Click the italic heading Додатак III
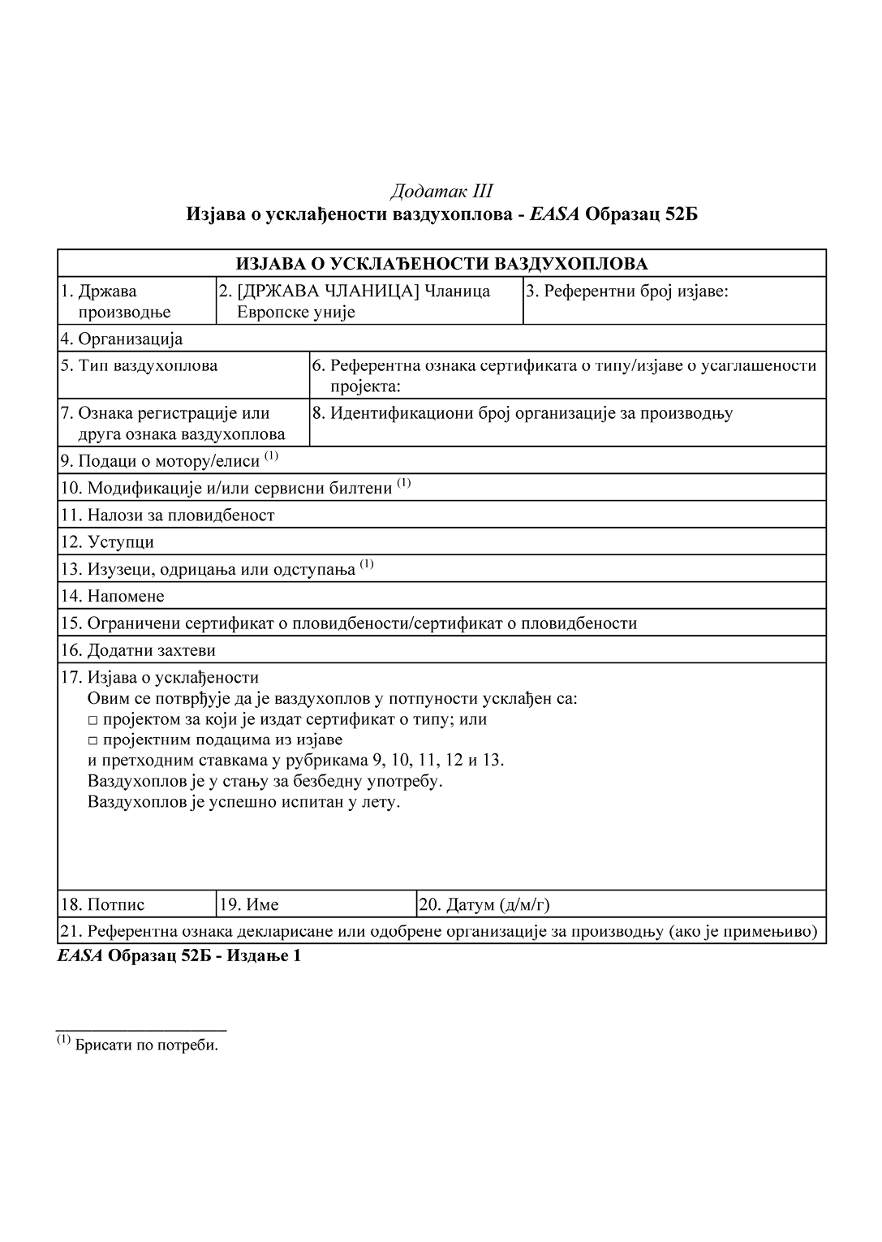coord(441,192)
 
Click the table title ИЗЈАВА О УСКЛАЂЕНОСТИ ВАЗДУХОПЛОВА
coord(441,264)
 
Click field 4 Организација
coord(122,339)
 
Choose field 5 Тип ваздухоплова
coord(139,365)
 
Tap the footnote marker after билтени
coord(404,484)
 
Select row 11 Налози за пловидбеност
coord(168,515)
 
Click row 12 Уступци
coord(107,541)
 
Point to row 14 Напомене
coord(113,596)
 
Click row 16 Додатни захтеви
coord(138,650)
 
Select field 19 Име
coord(250,904)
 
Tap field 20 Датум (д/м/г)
coord(484,904)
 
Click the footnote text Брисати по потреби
coord(146,1045)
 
